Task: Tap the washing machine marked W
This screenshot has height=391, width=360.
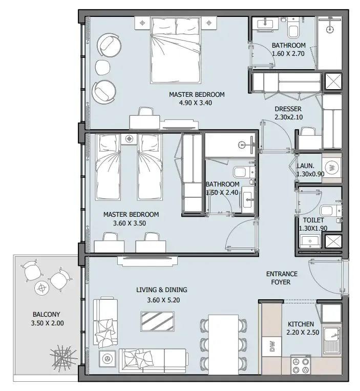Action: [332, 168]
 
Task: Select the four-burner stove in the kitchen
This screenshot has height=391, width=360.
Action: [301, 365]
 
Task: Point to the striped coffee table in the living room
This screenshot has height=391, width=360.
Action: [157, 321]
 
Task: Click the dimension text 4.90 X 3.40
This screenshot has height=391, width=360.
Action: [196, 102]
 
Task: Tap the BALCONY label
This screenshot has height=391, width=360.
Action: [46, 315]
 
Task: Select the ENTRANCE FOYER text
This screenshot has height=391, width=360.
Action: [282, 278]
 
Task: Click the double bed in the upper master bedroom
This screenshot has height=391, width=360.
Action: [176, 50]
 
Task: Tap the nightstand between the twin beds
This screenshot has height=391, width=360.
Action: [129, 139]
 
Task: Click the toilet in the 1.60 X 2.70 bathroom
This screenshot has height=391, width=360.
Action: [293, 28]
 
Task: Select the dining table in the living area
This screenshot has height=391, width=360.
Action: [223, 344]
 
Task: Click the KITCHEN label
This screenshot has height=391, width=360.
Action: [301, 324]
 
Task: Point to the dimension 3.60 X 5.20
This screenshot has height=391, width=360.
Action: [163, 300]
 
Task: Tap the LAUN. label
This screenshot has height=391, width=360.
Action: [305, 166]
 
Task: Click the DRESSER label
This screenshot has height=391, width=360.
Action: [288, 109]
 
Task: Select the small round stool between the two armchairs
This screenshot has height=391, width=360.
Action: [103, 67]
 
